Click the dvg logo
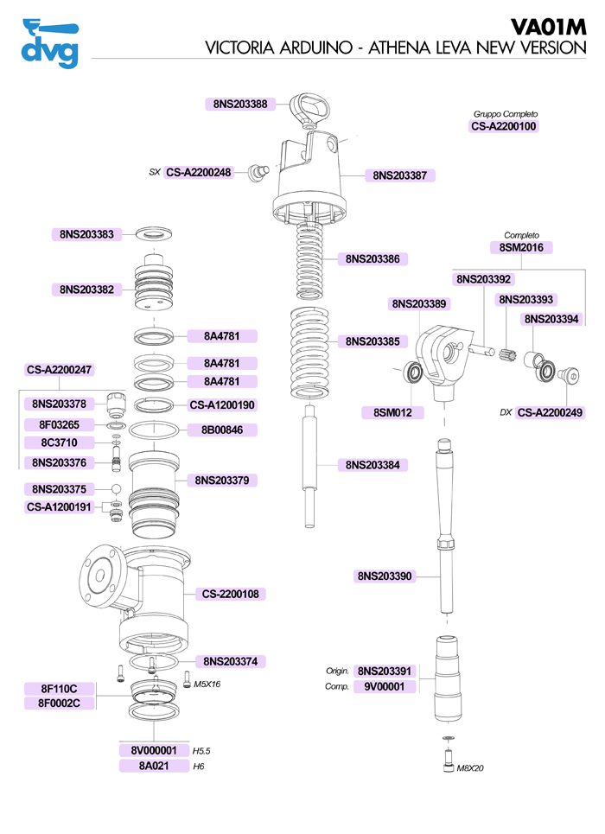(x=49, y=42)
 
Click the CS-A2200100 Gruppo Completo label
(x=504, y=126)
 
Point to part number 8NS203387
(x=399, y=175)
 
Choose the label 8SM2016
(x=521, y=248)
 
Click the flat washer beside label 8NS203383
(x=156, y=234)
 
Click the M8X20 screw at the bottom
(x=446, y=761)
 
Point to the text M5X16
(x=207, y=684)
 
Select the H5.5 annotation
(x=202, y=751)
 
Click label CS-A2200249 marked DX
(x=551, y=413)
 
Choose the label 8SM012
(x=392, y=413)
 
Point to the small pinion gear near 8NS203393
(x=507, y=353)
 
